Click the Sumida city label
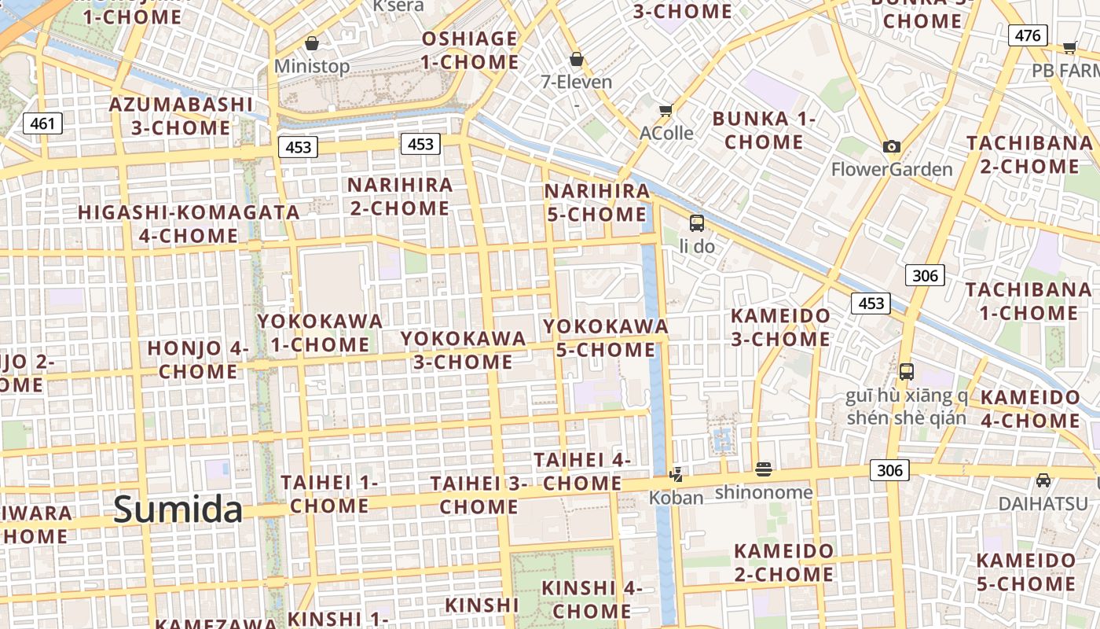178,509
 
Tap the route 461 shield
42,123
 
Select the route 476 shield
1028,35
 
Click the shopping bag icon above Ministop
312,42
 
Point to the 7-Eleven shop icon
577,59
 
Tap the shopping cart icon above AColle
666,110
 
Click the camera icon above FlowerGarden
891,146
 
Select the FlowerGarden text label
892,169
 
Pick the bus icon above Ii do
697,223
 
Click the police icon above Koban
676,474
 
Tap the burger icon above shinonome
764,469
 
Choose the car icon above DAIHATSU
1043,480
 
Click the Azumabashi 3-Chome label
181,116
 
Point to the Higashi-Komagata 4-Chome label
189,223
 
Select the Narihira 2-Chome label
401,197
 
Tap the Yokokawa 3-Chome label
464,350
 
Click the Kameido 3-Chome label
780,327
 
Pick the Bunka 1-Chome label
764,131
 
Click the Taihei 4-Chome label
582,471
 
